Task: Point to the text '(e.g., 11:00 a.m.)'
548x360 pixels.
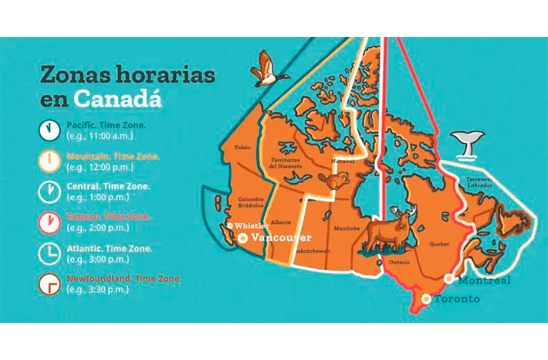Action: click(100, 135)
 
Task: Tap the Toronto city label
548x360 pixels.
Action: click(456, 299)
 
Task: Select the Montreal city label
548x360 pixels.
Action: click(484, 280)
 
